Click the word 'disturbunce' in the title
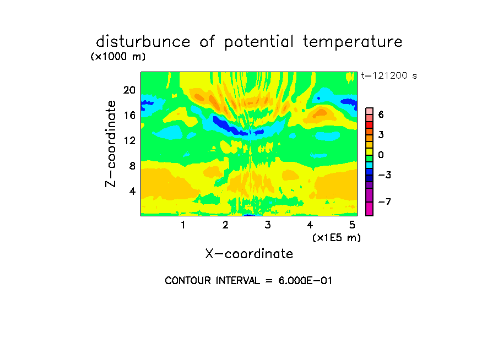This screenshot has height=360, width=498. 143,41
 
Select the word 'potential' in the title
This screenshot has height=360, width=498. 259,42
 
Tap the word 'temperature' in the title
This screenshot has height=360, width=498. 353,42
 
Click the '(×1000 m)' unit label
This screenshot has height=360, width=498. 118,57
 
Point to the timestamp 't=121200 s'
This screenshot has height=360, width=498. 389,75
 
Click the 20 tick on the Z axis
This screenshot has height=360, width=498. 129,90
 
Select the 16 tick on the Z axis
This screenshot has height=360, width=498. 129,115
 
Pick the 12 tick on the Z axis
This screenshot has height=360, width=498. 129,140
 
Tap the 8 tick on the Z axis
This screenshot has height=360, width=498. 132,166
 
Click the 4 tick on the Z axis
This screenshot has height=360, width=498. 132,191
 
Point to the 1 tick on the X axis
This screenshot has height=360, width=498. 183,225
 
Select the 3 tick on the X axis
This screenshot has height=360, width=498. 268,225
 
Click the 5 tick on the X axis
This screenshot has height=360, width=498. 352,225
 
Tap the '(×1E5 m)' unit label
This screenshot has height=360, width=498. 337,238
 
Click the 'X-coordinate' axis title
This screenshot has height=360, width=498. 249,254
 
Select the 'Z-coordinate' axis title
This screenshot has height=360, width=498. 111,144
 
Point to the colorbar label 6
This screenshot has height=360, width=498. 381,114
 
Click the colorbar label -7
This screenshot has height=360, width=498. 385,201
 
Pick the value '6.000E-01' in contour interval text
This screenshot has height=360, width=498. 305,281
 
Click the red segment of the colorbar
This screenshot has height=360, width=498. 370,125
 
